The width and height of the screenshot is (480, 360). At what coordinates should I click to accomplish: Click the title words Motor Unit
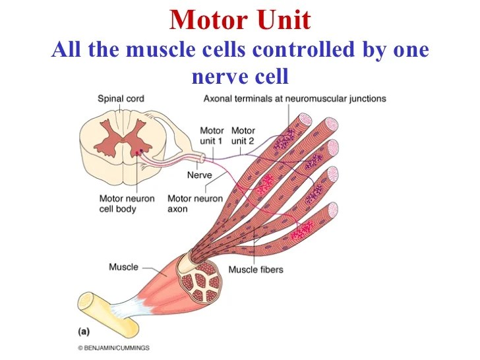[239, 20]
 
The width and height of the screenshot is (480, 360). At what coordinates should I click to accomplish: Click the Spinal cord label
[121, 99]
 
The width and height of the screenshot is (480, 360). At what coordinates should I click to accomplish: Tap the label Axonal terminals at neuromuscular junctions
[295, 99]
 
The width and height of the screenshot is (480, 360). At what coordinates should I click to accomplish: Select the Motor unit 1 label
[212, 136]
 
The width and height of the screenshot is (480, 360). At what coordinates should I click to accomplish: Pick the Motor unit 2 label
[243, 136]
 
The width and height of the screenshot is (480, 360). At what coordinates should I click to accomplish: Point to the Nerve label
[199, 175]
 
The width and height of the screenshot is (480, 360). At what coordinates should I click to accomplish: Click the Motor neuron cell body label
[127, 204]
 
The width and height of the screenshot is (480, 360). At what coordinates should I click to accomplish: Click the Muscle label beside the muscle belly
[123, 267]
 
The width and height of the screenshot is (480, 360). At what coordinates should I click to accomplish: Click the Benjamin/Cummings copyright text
[113, 347]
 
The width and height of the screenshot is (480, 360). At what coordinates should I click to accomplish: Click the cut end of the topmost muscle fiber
[305, 120]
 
